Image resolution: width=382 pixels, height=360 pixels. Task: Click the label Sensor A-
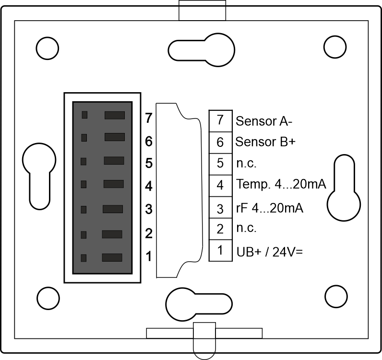pyautogui.click(x=264, y=121)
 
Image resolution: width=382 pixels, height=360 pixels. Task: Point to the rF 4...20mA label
pyautogui.click(x=270, y=209)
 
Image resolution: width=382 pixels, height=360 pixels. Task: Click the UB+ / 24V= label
pyautogui.click(x=269, y=251)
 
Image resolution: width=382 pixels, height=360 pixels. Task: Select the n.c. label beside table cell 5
pyautogui.click(x=246, y=163)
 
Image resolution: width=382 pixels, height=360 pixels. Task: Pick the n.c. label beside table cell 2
pyautogui.click(x=246, y=228)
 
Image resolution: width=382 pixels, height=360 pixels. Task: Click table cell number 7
pyautogui.click(x=220, y=120)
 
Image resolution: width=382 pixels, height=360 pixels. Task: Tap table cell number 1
pyautogui.click(x=220, y=250)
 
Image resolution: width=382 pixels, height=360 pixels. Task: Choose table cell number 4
pyautogui.click(x=220, y=185)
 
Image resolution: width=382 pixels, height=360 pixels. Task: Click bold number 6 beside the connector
pyautogui.click(x=148, y=142)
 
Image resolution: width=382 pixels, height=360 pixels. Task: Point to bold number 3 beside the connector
pyautogui.click(x=148, y=209)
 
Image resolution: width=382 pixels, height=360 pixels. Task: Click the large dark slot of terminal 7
pyautogui.click(x=114, y=115)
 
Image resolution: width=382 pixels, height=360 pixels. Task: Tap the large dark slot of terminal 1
pyautogui.click(x=112, y=258)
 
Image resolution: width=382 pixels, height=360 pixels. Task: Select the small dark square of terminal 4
pyautogui.click(x=84, y=184)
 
